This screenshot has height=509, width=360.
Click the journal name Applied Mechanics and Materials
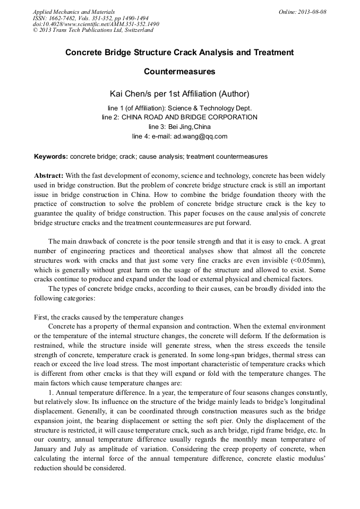[74, 12]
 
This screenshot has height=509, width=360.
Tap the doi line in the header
[96, 24]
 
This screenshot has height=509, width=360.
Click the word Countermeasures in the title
[179, 71]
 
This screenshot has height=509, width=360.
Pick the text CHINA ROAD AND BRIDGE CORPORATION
[190, 117]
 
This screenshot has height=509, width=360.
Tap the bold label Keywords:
[51, 157]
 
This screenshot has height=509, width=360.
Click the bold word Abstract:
[49, 176]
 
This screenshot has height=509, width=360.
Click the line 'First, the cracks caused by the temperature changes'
[109, 317]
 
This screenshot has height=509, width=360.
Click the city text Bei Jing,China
[190, 127]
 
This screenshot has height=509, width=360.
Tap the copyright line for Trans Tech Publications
[93, 30]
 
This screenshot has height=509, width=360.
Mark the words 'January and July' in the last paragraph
[57, 449]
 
